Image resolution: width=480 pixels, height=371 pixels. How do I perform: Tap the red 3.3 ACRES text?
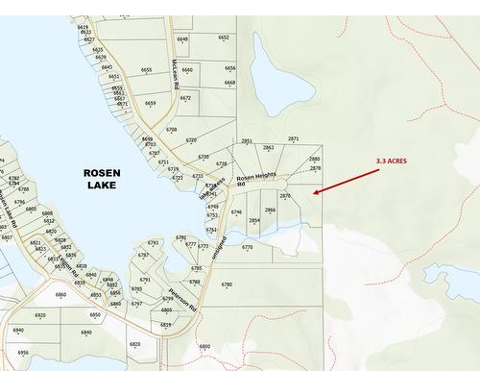pos(391,161)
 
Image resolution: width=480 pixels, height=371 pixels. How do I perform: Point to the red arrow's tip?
pos(315,193)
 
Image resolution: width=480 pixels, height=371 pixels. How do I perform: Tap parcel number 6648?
pos(182,39)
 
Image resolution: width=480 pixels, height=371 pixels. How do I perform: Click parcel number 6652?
pos(224,37)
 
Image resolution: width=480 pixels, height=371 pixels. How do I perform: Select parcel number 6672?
pos(185,98)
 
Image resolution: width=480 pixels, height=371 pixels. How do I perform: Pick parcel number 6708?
pos(171,129)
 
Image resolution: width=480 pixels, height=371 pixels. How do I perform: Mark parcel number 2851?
pos(247,141)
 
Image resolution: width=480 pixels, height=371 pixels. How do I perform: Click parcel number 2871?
pos(293,139)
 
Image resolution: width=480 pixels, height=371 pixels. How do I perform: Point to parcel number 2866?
pos(270,210)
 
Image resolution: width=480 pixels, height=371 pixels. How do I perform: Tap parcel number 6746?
pos(236,211)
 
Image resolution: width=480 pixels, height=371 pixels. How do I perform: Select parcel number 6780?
pos(227,284)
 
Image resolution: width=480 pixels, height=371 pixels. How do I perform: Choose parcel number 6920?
pos(40,315)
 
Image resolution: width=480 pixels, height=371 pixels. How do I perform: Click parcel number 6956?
pos(23,353)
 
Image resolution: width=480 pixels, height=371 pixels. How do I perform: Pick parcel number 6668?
pos(229,83)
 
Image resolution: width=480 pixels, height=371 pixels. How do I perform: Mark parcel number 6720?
pos(191,140)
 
